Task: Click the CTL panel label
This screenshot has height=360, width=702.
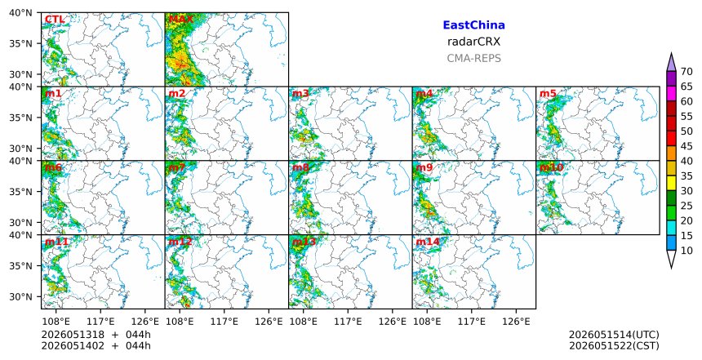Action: tap(55, 20)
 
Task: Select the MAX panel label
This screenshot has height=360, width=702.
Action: tap(181, 20)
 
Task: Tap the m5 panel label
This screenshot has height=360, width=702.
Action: tap(548, 94)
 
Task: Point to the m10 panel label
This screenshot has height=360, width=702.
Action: tap(551, 167)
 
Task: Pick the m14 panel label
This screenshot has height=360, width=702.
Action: tap(428, 242)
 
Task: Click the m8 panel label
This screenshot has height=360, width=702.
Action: tap(300, 167)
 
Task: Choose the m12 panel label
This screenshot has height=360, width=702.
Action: tap(180, 242)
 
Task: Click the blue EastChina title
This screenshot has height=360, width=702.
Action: tap(473, 25)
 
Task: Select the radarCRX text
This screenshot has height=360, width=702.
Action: tap(473, 42)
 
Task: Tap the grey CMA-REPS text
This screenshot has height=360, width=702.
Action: tap(473, 58)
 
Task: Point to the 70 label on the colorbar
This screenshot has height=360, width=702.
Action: tap(686, 72)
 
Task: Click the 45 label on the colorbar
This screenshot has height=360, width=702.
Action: tap(686, 146)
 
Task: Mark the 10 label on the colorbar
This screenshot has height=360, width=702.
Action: tap(686, 251)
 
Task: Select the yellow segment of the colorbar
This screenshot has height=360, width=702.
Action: tap(671, 183)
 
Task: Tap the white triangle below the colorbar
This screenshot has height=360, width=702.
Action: tap(671, 258)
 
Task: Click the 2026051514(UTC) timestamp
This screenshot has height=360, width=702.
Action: tap(614, 335)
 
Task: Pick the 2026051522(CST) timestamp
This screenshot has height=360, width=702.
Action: tap(614, 345)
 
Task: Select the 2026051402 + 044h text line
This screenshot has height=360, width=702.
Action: tap(96, 345)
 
